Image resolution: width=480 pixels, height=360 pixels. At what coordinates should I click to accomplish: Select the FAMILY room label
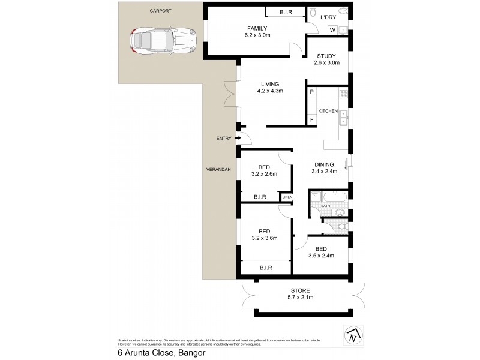[257, 28]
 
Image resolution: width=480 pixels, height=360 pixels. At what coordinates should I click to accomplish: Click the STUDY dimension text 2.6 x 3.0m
[326, 62]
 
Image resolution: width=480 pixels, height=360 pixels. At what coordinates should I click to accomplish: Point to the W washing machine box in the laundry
[332, 30]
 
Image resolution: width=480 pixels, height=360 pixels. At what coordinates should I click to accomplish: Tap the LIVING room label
[270, 84]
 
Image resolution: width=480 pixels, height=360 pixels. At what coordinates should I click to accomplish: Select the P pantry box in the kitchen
[311, 92]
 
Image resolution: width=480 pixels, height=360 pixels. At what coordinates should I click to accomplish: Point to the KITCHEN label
[328, 112]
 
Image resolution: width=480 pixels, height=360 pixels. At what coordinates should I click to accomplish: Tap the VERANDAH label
[219, 170]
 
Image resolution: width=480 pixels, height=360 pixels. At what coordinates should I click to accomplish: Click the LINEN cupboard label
[287, 197]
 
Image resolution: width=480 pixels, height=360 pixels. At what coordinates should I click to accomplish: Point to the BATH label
[325, 206]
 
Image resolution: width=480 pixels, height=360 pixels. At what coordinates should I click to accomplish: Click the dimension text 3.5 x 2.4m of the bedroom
[320, 256]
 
